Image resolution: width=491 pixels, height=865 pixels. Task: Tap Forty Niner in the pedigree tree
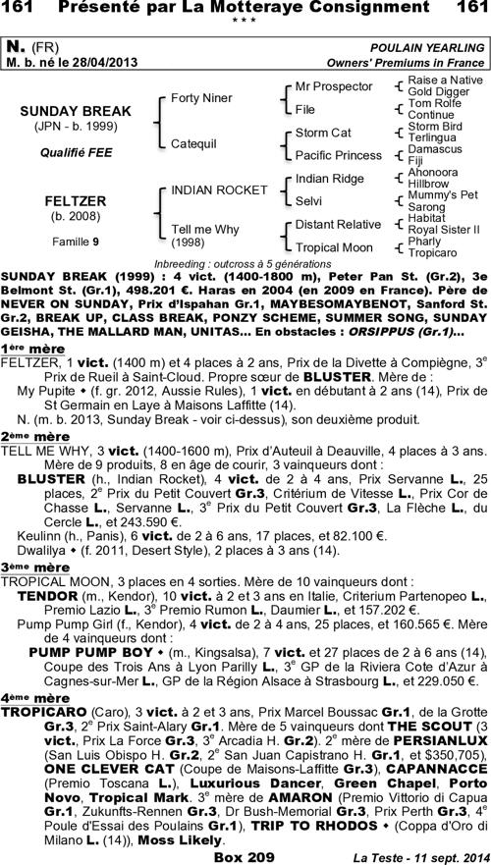[x=201, y=98]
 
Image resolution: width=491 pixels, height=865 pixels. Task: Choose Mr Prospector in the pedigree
[x=329, y=86]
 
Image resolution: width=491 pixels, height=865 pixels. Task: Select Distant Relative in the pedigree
[x=338, y=224]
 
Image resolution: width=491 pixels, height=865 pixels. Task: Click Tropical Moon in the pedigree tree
[x=334, y=246]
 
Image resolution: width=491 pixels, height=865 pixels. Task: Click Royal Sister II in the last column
[x=443, y=230]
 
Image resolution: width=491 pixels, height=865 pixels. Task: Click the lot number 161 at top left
[x=20, y=9]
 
